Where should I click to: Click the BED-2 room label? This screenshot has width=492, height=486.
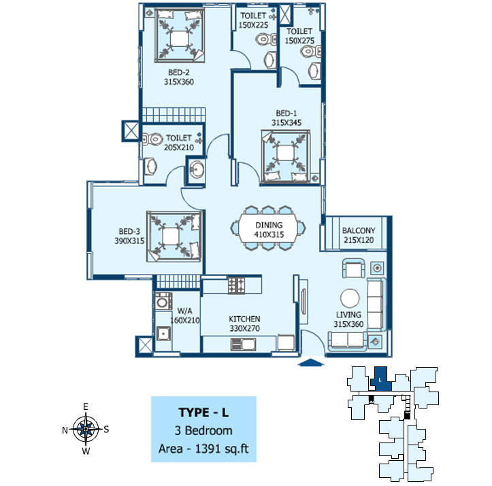click(x=179, y=72)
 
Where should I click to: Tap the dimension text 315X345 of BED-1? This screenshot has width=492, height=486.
click(x=286, y=123)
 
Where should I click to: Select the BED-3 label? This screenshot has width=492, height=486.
click(x=129, y=232)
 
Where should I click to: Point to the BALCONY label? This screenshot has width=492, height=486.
click(x=359, y=230)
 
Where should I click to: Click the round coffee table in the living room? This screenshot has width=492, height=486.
click(x=350, y=298)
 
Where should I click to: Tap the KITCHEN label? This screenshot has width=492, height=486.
click(x=244, y=319)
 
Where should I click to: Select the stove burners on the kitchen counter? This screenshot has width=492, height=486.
click(x=237, y=285)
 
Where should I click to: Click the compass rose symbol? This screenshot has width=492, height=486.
click(x=86, y=429)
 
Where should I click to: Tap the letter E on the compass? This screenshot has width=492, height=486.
click(x=86, y=406)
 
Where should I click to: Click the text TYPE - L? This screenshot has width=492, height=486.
click(x=203, y=413)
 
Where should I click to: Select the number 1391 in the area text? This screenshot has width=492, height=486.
click(x=208, y=449)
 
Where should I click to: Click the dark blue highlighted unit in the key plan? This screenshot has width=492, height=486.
click(x=381, y=379)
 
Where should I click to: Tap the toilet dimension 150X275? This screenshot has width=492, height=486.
click(x=299, y=41)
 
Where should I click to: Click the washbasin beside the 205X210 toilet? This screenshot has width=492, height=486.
click(x=197, y=169)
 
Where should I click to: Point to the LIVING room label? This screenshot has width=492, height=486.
click(x=348, y=315)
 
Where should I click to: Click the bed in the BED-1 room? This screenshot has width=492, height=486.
click(x=286, y=156)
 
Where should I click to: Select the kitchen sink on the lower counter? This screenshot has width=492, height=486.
click(x=243, y=345)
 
